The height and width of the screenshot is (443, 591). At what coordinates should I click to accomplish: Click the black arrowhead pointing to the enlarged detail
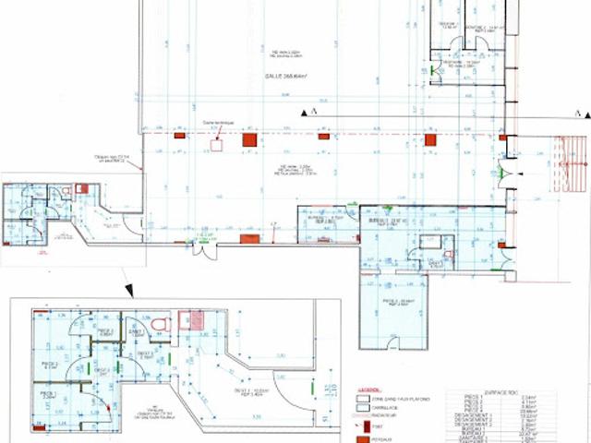tap(130, 292)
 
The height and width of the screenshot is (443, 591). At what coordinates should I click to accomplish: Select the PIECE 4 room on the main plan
tap(397, 305)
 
